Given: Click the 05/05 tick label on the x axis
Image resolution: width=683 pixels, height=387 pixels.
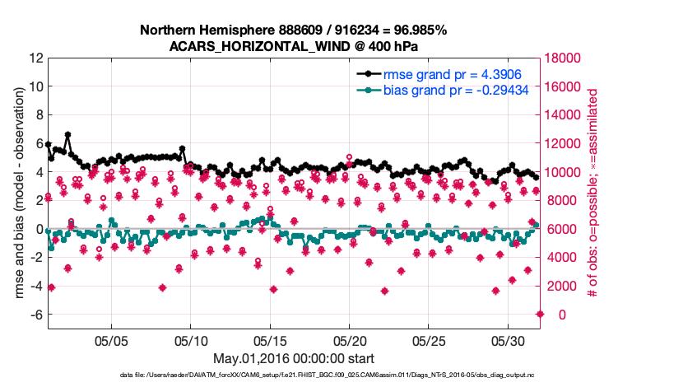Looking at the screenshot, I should tap(111, 339).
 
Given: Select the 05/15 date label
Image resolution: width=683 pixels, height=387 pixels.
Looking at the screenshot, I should tap(270, 339).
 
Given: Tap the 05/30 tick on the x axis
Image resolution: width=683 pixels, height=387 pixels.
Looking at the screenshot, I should tap(508, 339).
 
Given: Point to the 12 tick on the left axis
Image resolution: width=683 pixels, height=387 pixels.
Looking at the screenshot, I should tap(36, 58).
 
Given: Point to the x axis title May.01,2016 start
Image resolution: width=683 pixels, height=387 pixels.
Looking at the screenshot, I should tap(294, 358).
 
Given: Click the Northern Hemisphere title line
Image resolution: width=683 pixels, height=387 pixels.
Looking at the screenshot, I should tap(294, 30).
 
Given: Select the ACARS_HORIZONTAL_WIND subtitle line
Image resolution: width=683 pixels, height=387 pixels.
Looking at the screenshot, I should tap(294, 46).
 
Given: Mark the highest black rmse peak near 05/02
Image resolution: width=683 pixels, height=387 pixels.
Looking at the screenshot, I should tap(67, 134).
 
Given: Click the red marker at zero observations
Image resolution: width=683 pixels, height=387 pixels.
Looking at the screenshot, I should tap(540, 314).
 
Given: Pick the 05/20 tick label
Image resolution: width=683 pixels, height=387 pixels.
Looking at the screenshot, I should tap(349, 339).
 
